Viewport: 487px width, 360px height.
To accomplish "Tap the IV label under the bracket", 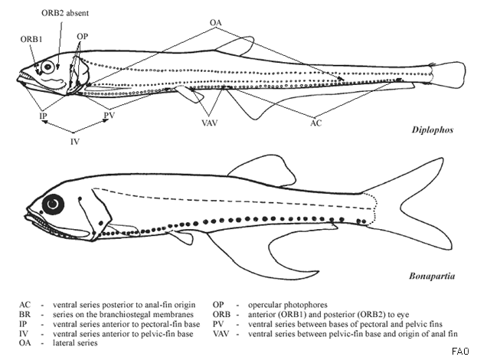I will point(75,141).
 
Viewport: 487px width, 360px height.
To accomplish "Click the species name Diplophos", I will point(430,130).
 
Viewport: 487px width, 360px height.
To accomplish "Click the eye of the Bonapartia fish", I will point(54,205).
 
